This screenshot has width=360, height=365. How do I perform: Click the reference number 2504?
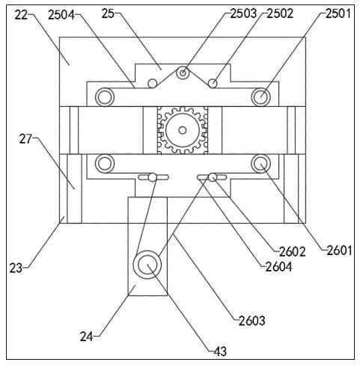pyautogui.click(x=61, y=15)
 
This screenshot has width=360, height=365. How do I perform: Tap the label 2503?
pyautogui.click(x=243, y=13)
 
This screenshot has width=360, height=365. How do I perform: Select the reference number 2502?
pyautogui.click(x=280, y=13)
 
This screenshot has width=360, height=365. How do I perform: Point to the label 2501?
pyautogui.click(x=338, y=13)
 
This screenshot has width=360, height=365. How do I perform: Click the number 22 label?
pyautogui.click(x=21, y=16)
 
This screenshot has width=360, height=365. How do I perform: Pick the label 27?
pyautogui.click(x=25, y=139)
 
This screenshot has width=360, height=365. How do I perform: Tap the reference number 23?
pyautogui.click(x=16, y=269)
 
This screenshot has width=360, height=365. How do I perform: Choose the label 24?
pyautogui.click(x=86, y=337)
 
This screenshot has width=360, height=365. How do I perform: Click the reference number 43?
pyautogui.click(x=220, y=352)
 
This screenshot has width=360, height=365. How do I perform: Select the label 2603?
pyautogui.click(x=252, y=321)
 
